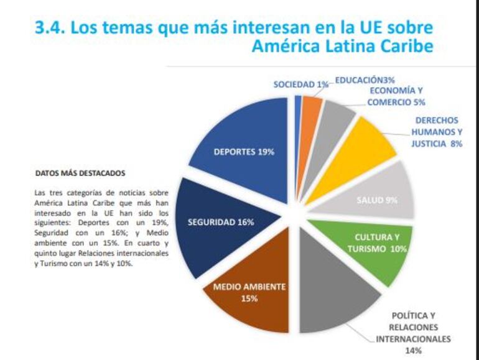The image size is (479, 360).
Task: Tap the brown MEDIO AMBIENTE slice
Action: [246, 286]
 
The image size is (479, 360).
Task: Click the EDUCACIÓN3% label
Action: [365, 80]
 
